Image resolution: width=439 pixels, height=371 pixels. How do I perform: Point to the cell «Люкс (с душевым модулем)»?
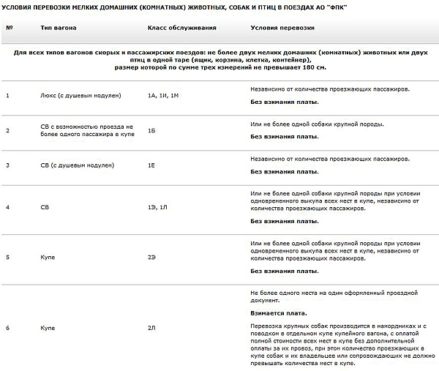tap(80, 96)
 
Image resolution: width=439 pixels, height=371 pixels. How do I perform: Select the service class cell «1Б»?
tap(152, 130)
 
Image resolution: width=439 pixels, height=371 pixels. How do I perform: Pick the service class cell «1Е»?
tap(151, 165)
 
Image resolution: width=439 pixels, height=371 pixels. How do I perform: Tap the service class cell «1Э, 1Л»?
tap(158, 208)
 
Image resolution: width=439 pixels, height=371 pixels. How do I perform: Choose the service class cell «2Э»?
tap(152, 258)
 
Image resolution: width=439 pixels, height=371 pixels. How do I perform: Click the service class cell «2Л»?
tap(152, 328)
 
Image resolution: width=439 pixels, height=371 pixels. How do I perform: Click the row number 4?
tap(7, 208)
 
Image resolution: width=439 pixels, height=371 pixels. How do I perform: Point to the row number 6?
tap(7, 328)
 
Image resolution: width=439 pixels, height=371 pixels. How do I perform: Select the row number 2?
tap(7, 130)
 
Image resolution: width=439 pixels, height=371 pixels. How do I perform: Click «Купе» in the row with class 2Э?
tap(48, 258)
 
